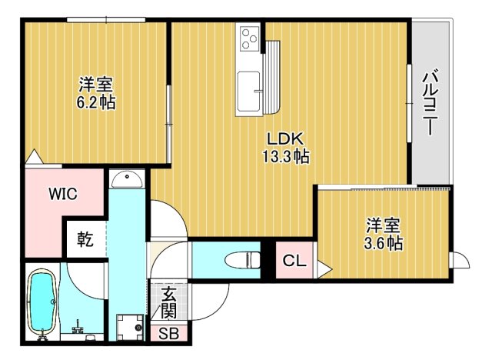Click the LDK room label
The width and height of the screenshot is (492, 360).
pos(287,139)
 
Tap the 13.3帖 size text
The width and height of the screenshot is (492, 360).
pos(287,157)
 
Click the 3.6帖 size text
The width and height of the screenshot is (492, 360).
pos(384,243)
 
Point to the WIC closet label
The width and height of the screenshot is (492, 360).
pos(63,194)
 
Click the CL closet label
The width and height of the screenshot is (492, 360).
pos(294,261)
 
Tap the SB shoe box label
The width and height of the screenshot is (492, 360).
pos(167,334)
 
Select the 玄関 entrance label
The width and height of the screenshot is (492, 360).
pos(167,303)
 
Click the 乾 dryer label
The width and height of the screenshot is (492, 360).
pos(84,240)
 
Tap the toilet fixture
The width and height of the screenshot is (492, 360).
pos(242,260)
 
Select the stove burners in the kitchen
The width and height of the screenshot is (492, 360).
pos(251,37)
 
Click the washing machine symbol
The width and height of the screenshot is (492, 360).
pos(130,327)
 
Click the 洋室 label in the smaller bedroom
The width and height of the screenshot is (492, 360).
pos(384,225)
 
